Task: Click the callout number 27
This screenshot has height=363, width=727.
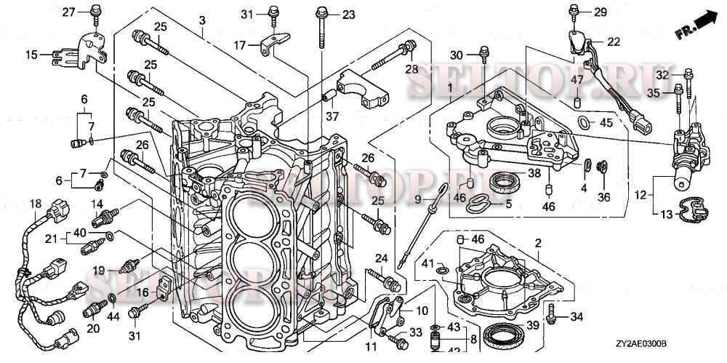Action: pyautogui.click(x=68, y=12)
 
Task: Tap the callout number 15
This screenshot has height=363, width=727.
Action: pyautogui.click(x=31, y=54)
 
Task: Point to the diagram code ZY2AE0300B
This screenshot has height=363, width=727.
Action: pyautogui.click(x=642, y=345)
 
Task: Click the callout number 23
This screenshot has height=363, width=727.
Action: pyautogui.click(x=349, y=15)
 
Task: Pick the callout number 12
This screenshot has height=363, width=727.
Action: pyautogui.click(x=640, y=194)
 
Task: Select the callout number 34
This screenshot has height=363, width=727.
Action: pyautogui.click(x=577, y=316)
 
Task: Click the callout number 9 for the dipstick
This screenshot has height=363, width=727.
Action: pyautogui.click(x=417, y=198)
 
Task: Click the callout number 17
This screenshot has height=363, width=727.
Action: pyautogui.click(x=240, y=45)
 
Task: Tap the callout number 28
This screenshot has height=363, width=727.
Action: pyautogui.click(x=412, y=70)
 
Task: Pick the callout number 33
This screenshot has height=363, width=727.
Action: pyautogui.click(x=416, y=332)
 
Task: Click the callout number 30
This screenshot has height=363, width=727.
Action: pyautogui.click(x=456, y=55)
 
